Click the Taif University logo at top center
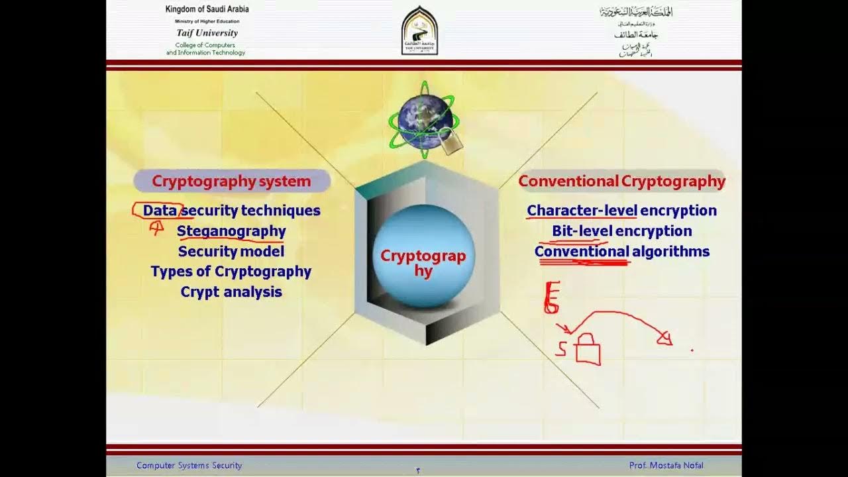pyautogui.click(x=419, y=30)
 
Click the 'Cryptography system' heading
pyautogui.click(x=231, y=181)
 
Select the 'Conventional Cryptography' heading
pyautogui.click(x=621, y=181)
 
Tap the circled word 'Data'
pyautogui.click(x=160, y=211)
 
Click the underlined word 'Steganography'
pyautogui.click(x=231, y=231)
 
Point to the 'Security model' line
pyautogui.click(x=231, y=252)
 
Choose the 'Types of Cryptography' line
pyautogui.click(x=231, y=272)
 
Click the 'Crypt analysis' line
pyautogui.click(x=231, y=292)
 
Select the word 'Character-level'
pyautogui.click(x=582, y=211)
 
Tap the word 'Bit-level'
pyautogui.click(x=582, y=231)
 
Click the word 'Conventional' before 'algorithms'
pyautogui.click(x=582, y=252)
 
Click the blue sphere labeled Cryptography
pyautogui.click(x=423, y=256)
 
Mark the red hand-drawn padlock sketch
pyautogui.click(x=587, y=350)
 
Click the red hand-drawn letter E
pyautogui.click(x=552, y=297)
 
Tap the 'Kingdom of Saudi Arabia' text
pyautogui.click(x=207, y=9)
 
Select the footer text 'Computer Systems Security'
pyautogui.click(x=189, y=466)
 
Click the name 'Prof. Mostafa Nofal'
pyautogui.click(x=666, y=466)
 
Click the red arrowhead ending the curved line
pyautogui.click(x=664, y=339)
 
